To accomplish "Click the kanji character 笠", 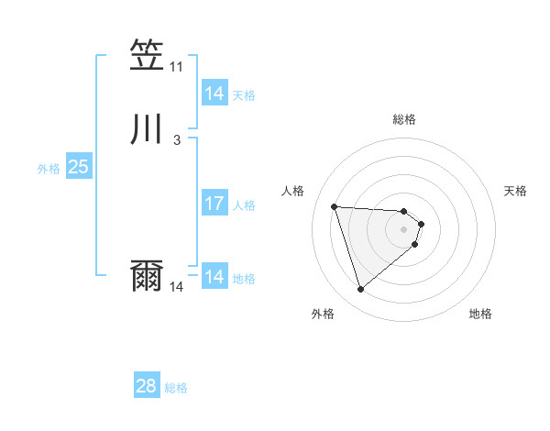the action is (x=147, y=57).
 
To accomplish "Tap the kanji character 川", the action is (x=147, y=129).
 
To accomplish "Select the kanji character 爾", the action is (x=147, y=276).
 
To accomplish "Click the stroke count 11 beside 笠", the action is (x=176, y=67).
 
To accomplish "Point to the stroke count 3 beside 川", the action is (x=176, y=140).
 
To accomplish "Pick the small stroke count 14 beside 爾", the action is (x=176, y=287).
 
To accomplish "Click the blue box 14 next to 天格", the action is (x=214, y=94).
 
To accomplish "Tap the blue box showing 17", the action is (x=214, y=204).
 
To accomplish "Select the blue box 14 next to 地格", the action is (x=214, y=277).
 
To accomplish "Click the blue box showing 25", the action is (x=78, y=167).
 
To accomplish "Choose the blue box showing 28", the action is (x=147, y=386).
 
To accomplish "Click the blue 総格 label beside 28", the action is (x=176, y=388).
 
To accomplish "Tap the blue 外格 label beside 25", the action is (x=49, y=169).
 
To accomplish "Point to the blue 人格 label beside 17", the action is (x=244, y=205).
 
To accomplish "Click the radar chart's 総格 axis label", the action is (x=404, y=119).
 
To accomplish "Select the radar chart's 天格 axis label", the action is (x=515, y=191).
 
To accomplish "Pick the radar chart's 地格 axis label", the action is (x=480, y=314).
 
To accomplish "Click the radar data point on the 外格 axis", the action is (x=360, y=290).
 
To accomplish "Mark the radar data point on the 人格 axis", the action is (x=335, y=206).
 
